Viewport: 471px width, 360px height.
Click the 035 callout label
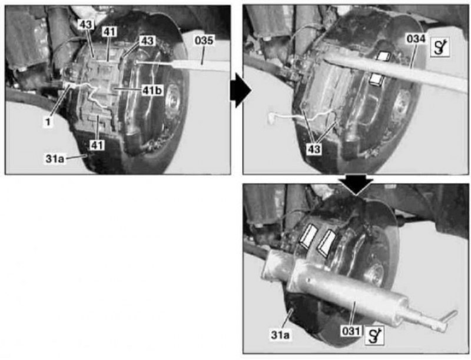[204, 41]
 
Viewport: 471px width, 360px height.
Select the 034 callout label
[416, 39]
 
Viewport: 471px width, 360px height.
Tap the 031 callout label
[351, 332]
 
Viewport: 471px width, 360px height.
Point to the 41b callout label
[152, 90]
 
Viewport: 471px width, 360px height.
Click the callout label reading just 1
[48, 122]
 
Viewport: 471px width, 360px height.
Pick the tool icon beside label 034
[440, 47]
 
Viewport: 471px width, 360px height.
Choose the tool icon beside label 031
[374, 336]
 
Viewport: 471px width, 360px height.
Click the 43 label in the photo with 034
[314, 149]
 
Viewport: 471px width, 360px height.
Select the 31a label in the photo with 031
[280, 335]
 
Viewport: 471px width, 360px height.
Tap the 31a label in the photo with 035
[55, 158]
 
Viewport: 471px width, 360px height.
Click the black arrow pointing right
[241, 90]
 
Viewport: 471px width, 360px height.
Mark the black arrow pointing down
[356, 185]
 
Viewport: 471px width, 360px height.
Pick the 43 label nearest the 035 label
[147, 41]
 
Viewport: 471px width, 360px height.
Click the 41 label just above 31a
[97, 145]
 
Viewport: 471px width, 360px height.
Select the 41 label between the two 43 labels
[110, 31]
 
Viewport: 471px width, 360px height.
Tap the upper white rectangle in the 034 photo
[383, 56]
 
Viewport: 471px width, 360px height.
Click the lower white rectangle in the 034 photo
[376, 79]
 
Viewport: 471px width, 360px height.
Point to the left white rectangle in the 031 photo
[308, 236]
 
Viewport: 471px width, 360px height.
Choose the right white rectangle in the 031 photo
[326, 243]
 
